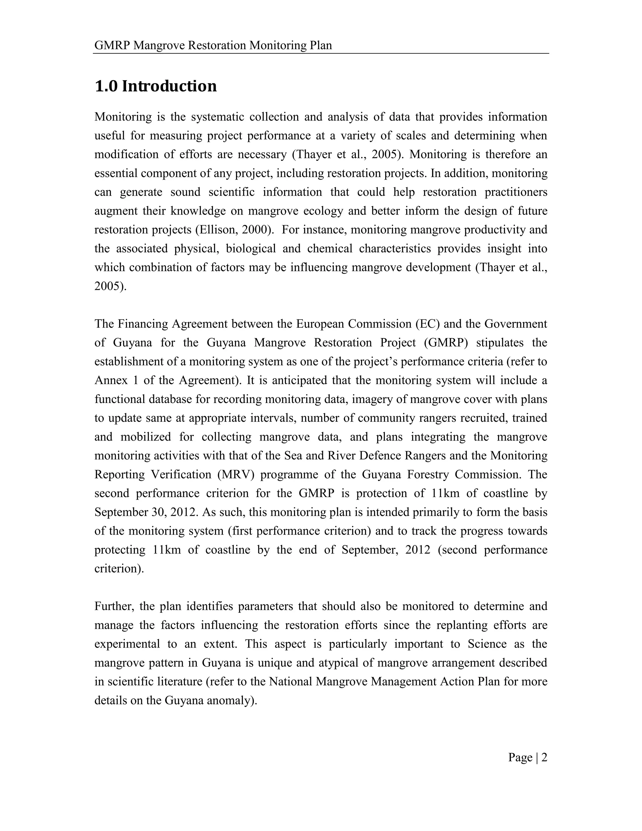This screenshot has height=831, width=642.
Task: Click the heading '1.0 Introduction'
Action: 155,86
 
